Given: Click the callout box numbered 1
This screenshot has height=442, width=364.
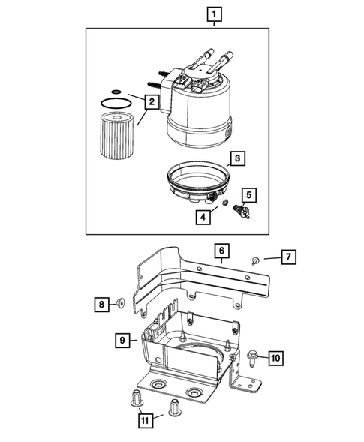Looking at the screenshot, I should pyautogui.click(x=215, y=14).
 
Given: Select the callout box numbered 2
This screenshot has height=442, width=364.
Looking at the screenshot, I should pyautogui.click(x=151, y=101).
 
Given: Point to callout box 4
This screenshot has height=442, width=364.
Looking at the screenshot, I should pyautogui.click(x=203, y=218).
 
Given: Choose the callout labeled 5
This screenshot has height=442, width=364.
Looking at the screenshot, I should pyautogui.click(x=249, y=195).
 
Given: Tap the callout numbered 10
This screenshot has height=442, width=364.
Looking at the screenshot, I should pyautogui.click(x=275, y=358).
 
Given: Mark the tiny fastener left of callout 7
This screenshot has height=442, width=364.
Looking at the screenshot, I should pyautogui.click(x=255, y=261).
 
